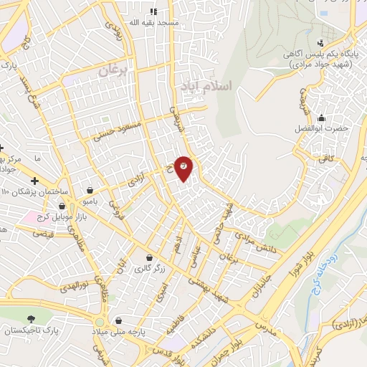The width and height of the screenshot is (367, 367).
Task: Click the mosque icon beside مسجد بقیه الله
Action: (x=153, y=11)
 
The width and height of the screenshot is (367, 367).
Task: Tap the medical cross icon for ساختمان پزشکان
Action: (x=34, y=180)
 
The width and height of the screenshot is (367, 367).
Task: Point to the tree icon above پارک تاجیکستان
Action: (x=30, y=320)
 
